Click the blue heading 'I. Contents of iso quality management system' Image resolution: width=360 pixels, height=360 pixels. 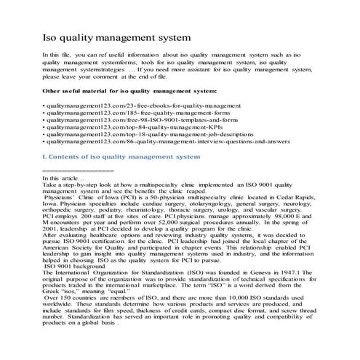tap(121, 166)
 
